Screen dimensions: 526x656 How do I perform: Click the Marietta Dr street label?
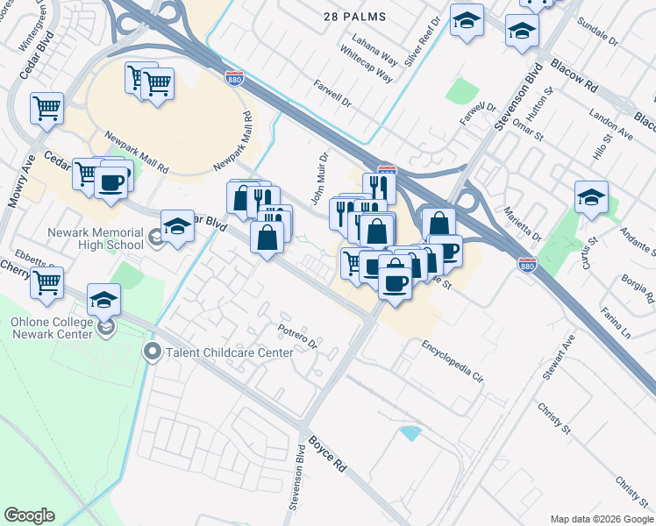click(x=522, y=225)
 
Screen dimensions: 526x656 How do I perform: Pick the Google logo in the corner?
click(x=29, y=515)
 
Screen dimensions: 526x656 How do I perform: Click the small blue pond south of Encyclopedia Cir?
click(x=410, y=432)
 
